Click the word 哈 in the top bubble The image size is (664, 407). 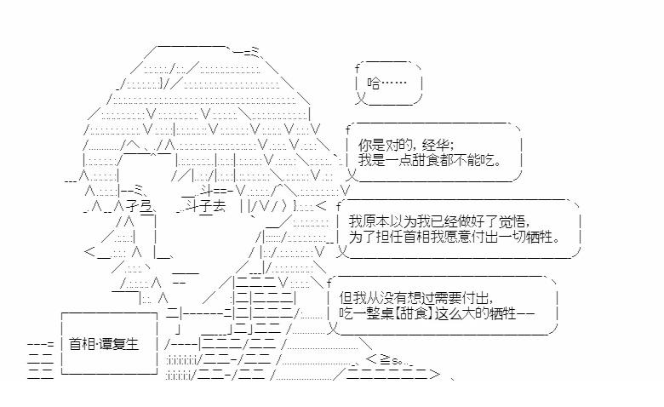[374, 83]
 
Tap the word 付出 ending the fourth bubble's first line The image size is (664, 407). [477, 298]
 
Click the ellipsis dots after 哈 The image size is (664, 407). [394, 83]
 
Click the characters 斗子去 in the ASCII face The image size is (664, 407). [203, 205]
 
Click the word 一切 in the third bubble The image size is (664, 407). [516, 236]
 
